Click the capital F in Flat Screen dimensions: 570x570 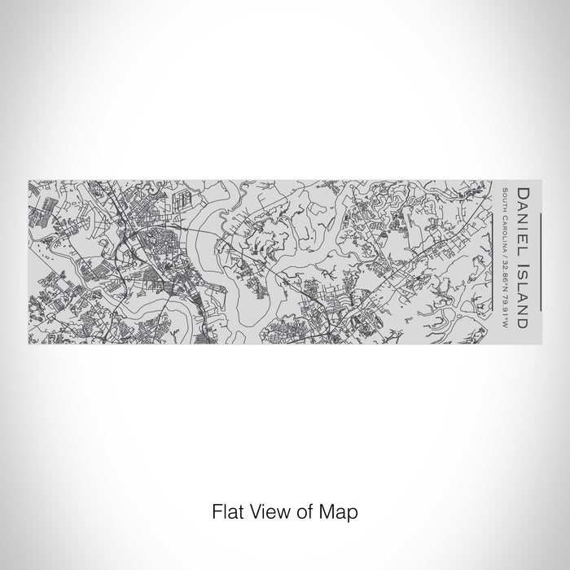tap(215, 512)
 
